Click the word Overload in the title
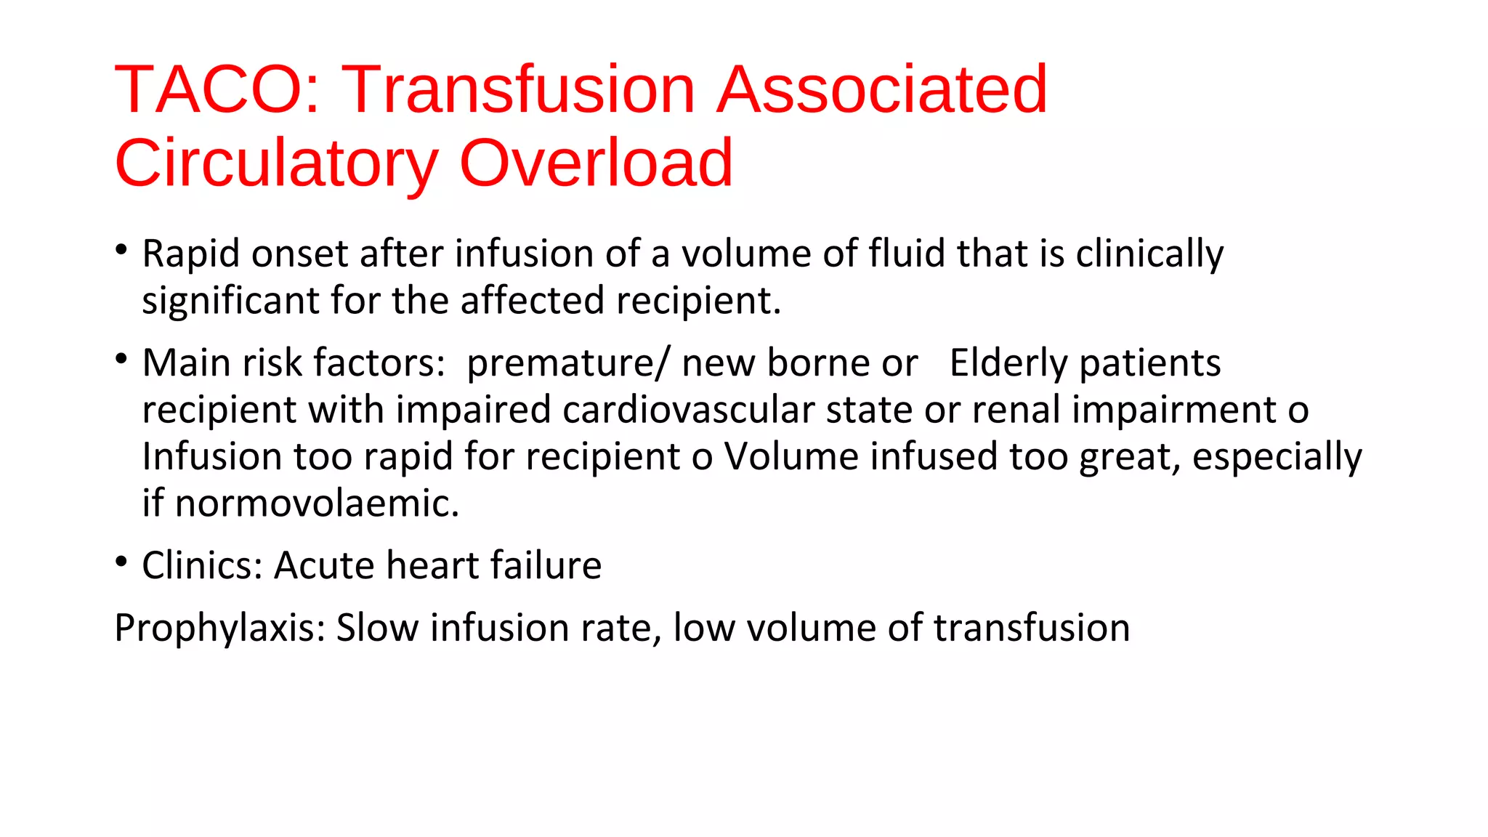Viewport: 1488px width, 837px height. (x=596, y=163)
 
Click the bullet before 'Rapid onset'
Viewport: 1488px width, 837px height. (x=121, y=250)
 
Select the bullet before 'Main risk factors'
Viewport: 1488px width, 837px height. (x=121, y=359)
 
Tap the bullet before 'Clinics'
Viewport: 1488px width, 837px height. (x=121, y=562)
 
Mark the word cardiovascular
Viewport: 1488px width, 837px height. (x=687, y=410)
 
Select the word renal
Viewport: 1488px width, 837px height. (x=1016, y=410)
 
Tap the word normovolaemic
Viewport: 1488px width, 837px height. (x=317, y=504)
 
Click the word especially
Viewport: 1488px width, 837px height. (x=1277, y=458)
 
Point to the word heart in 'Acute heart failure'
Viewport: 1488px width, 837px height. (x=432, y=566)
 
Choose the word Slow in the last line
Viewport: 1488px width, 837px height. (x=377, y=628)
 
